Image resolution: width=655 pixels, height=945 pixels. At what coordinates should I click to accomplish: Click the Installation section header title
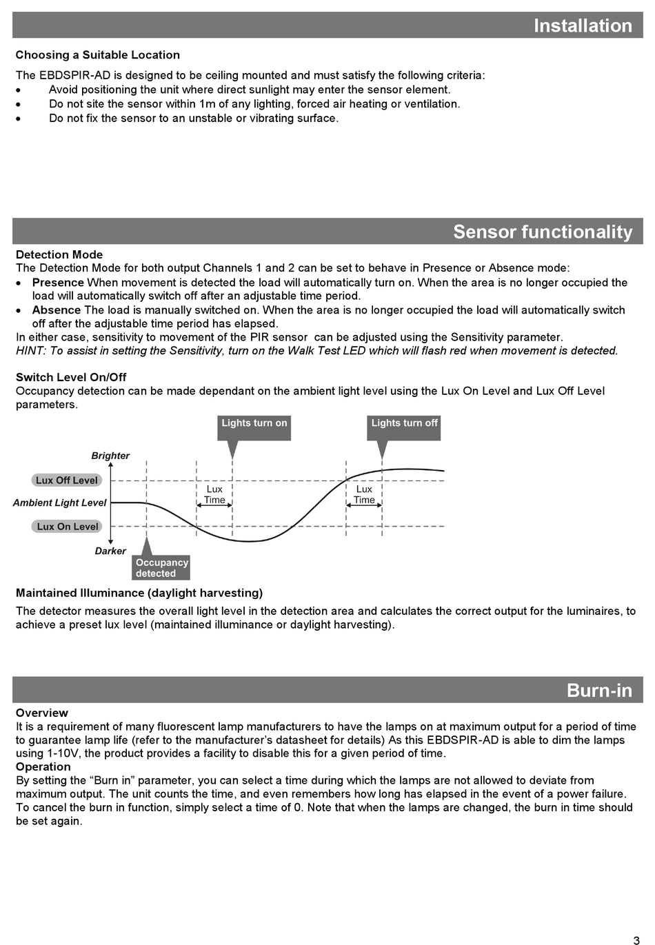tap(583, 26)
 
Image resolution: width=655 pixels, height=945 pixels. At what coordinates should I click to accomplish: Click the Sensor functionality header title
tap(543, 232)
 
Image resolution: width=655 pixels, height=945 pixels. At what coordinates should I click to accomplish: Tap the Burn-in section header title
tap(599, 690)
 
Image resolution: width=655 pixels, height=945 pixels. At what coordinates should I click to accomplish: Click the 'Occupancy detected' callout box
tap(161, 568)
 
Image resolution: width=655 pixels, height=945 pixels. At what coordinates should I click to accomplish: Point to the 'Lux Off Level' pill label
tap(67, 480)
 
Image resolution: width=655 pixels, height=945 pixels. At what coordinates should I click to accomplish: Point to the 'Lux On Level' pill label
tap(67, 527)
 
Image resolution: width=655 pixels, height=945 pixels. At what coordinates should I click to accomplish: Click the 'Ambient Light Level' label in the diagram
tap(59, 503)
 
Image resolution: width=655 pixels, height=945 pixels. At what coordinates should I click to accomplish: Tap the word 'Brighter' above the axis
tap(110, 456)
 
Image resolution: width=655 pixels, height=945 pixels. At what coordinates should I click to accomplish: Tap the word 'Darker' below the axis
tap(110, 551)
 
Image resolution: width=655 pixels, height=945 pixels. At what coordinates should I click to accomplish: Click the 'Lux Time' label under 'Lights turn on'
tap(214, 495)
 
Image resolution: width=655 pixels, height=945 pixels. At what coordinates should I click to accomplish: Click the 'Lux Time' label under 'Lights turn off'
tap(364, 495)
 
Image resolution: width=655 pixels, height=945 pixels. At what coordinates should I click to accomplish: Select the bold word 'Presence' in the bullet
tap(58, 283)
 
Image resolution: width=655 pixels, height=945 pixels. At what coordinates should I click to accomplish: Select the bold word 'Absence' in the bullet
tap(56, 310)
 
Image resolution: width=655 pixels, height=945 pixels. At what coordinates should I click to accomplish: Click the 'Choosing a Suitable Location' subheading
tap(98, 55)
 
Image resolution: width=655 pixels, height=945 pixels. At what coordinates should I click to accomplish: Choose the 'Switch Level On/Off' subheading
tap(71, 377)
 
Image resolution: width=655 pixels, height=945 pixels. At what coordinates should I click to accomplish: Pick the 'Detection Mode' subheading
tap(59, 255)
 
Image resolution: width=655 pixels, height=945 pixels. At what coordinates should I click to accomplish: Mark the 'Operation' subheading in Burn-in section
tap(43, 766)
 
